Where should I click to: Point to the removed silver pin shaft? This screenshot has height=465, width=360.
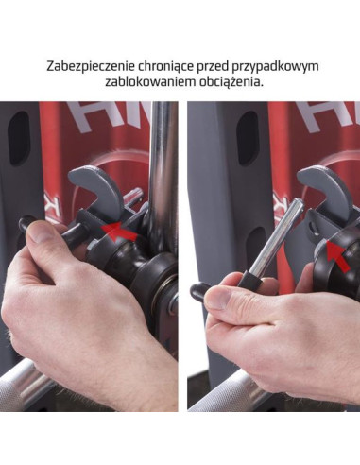point(274,237)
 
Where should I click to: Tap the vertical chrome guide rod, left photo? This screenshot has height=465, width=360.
point(163,161)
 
